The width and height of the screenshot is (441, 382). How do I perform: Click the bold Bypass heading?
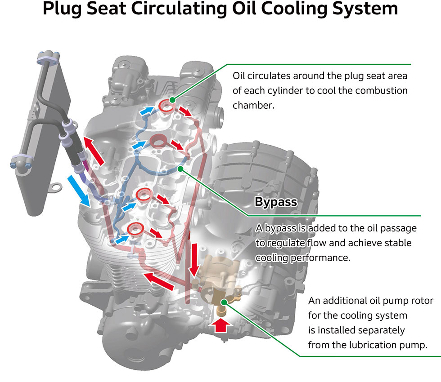coord(276,202)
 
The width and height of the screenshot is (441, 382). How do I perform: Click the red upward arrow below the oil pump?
coord(220,325)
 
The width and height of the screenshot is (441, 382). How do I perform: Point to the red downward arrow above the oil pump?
coord(194,261)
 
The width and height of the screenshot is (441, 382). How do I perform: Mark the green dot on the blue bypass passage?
coord(180,169)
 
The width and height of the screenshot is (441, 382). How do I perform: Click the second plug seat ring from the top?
coord(158,141)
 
